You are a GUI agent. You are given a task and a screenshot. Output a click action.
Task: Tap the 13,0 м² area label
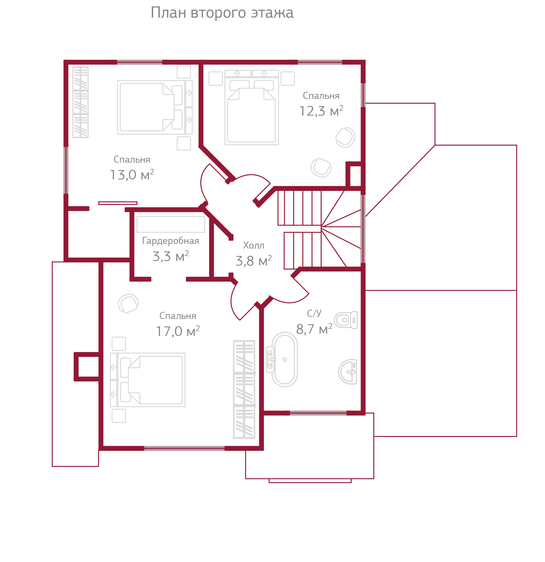click(132, 175)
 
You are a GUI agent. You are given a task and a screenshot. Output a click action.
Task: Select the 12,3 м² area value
click(321, 111)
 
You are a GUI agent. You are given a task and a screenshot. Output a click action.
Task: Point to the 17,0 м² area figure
click(178, 331)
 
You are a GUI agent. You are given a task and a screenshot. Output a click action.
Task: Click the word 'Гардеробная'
click(171, 241)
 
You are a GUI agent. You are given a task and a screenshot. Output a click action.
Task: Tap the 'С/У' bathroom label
click(314, 313)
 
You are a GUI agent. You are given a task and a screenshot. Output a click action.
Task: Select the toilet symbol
click(346, 320)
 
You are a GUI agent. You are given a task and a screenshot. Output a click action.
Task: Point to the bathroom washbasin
click(348, 372)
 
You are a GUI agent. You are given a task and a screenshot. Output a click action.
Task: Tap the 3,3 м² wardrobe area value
click(171, 256)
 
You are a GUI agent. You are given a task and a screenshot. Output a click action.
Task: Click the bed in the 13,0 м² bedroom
click(155, 107)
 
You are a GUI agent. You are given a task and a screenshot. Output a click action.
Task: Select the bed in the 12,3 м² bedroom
click(252, 107)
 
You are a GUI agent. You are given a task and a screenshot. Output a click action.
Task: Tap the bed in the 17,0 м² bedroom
click(148, 380)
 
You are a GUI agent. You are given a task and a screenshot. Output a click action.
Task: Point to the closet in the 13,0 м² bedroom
click(80, 102)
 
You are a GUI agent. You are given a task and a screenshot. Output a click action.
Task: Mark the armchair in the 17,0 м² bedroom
click(128, 303)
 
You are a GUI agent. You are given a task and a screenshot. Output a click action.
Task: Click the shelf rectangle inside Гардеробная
click(171, 224)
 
